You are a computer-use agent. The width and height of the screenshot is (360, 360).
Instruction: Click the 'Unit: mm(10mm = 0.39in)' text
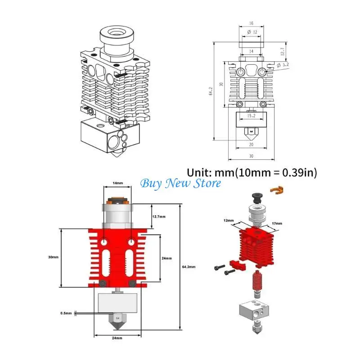point(252,172)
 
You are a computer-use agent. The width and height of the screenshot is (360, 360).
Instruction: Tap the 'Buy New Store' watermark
point(181,183)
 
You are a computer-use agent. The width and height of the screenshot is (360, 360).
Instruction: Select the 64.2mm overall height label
point(190,267)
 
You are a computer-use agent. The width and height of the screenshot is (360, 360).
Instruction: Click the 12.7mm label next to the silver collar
point(157,217)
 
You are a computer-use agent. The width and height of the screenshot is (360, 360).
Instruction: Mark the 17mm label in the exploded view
point(277,224)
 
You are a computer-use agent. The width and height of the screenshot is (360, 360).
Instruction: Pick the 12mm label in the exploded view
point(228,221)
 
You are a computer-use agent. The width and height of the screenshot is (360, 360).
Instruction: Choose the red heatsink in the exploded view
point(256,247)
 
